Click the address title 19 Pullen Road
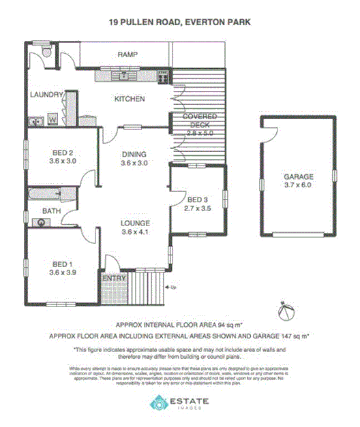point(179,22)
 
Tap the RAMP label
point(127,54)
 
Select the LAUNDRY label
point(45,95)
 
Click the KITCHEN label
point(129,99)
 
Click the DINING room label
point(134,154)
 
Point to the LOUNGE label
point(134,223)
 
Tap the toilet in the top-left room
point(45,52)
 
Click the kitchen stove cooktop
point(163,76)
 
